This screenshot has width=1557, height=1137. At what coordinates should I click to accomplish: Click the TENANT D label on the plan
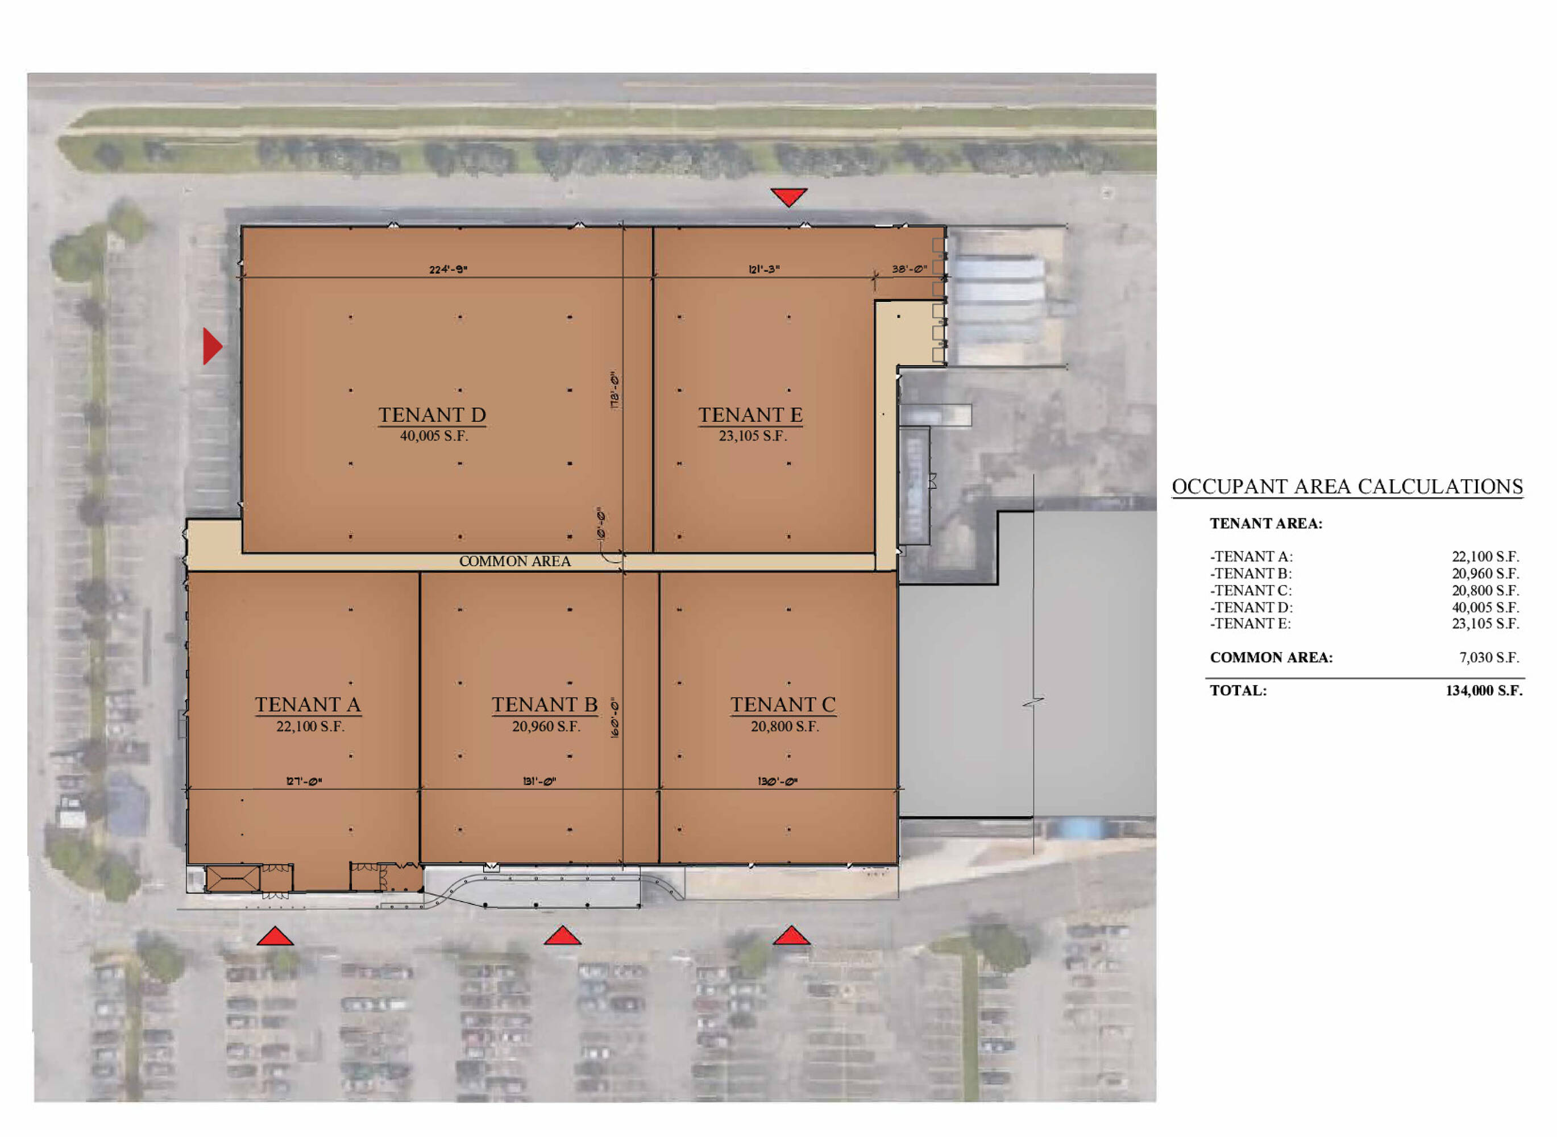click(x=432, y=415)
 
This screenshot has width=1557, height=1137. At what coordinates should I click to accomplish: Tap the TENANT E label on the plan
click(x=750, y=415)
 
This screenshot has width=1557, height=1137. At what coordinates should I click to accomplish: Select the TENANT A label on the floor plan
click(x=308, y=705)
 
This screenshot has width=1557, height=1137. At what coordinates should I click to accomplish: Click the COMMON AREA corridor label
click(x=514, y=562)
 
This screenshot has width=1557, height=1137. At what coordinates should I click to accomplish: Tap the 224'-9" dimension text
click(x=448, y=269)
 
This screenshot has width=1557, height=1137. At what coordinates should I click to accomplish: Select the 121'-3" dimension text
click(x=763, y=269)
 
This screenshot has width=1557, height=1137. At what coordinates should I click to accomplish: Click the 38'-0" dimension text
click(x=910, y=269)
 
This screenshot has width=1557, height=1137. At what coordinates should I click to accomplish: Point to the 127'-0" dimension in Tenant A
click(x=304, y=781)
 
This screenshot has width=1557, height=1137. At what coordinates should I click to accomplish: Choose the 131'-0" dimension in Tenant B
click(x=539, y=781)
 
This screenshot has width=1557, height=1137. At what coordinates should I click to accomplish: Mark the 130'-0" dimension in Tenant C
click(x=778, y=781)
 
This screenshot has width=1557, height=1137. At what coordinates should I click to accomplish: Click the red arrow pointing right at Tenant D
click(x=212, y=346)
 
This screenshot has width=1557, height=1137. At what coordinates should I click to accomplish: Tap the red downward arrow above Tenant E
click(x=788, y=197)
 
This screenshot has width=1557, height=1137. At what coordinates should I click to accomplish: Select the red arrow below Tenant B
click(x=562, y=935)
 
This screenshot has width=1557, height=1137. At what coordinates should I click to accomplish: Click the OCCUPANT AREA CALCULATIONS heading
click(x=1347, y=487)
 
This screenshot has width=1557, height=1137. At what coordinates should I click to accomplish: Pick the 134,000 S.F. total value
click(x=1484, y=691)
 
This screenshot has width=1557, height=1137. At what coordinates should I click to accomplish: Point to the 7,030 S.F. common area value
click(x=1489, y=658)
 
